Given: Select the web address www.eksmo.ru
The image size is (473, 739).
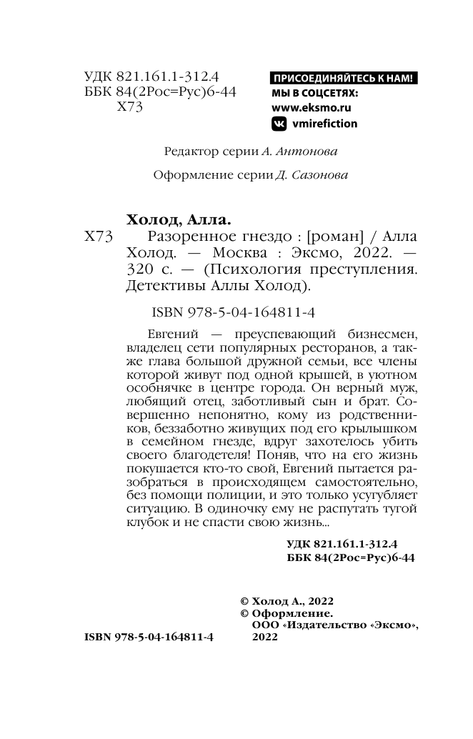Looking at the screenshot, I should coord(312,108).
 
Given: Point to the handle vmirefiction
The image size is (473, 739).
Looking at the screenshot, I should coord(324,124).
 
